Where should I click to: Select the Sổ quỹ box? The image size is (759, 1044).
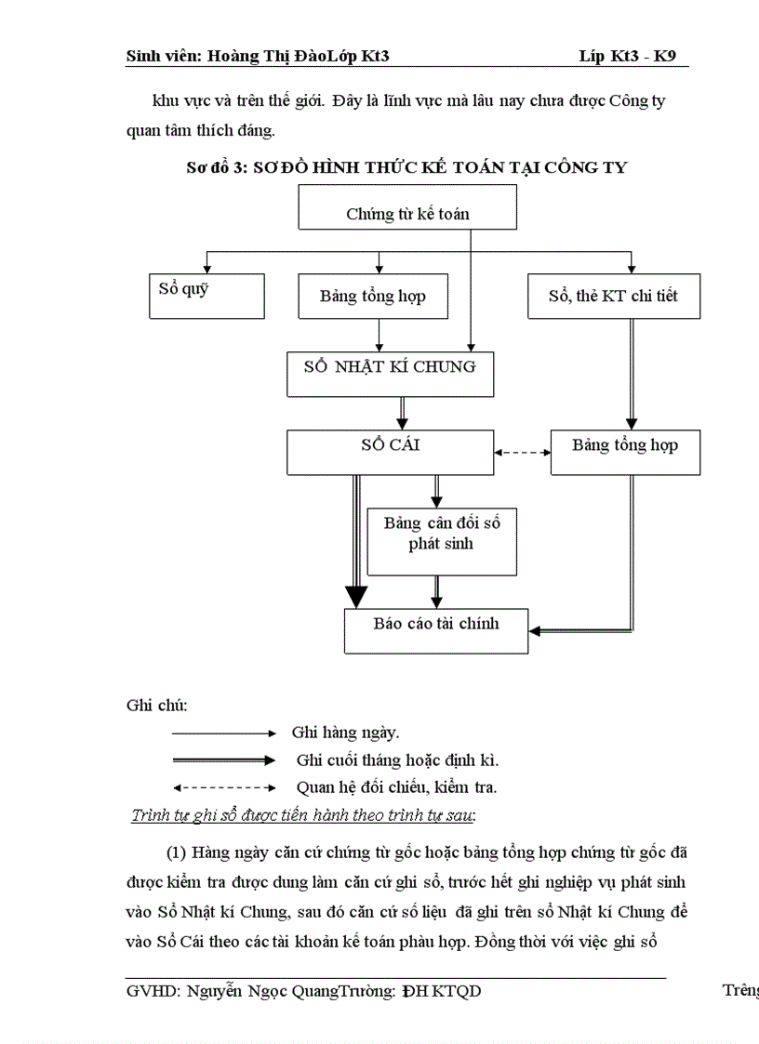(206, 296)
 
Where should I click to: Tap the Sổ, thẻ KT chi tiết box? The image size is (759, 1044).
(613, 297)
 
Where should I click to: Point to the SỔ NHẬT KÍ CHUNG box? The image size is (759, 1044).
(390, 373)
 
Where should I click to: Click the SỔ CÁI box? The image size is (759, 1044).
(390, 452)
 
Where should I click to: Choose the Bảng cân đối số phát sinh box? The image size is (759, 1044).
(442, 541)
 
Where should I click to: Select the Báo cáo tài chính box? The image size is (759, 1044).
(436, 630)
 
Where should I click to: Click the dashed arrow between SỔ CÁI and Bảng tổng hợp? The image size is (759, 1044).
(522, 453)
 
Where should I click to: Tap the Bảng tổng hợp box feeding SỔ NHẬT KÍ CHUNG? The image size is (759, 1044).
(372, 297)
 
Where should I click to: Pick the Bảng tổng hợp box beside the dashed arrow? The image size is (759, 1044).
(625, 452)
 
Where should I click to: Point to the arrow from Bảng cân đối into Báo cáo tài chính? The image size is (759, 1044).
(436, 591)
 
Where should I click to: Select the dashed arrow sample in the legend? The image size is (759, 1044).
(223, 786)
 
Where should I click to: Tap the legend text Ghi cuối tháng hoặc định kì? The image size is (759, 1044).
(397, 760)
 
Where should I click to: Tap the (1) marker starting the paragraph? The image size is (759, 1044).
(178, 852)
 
